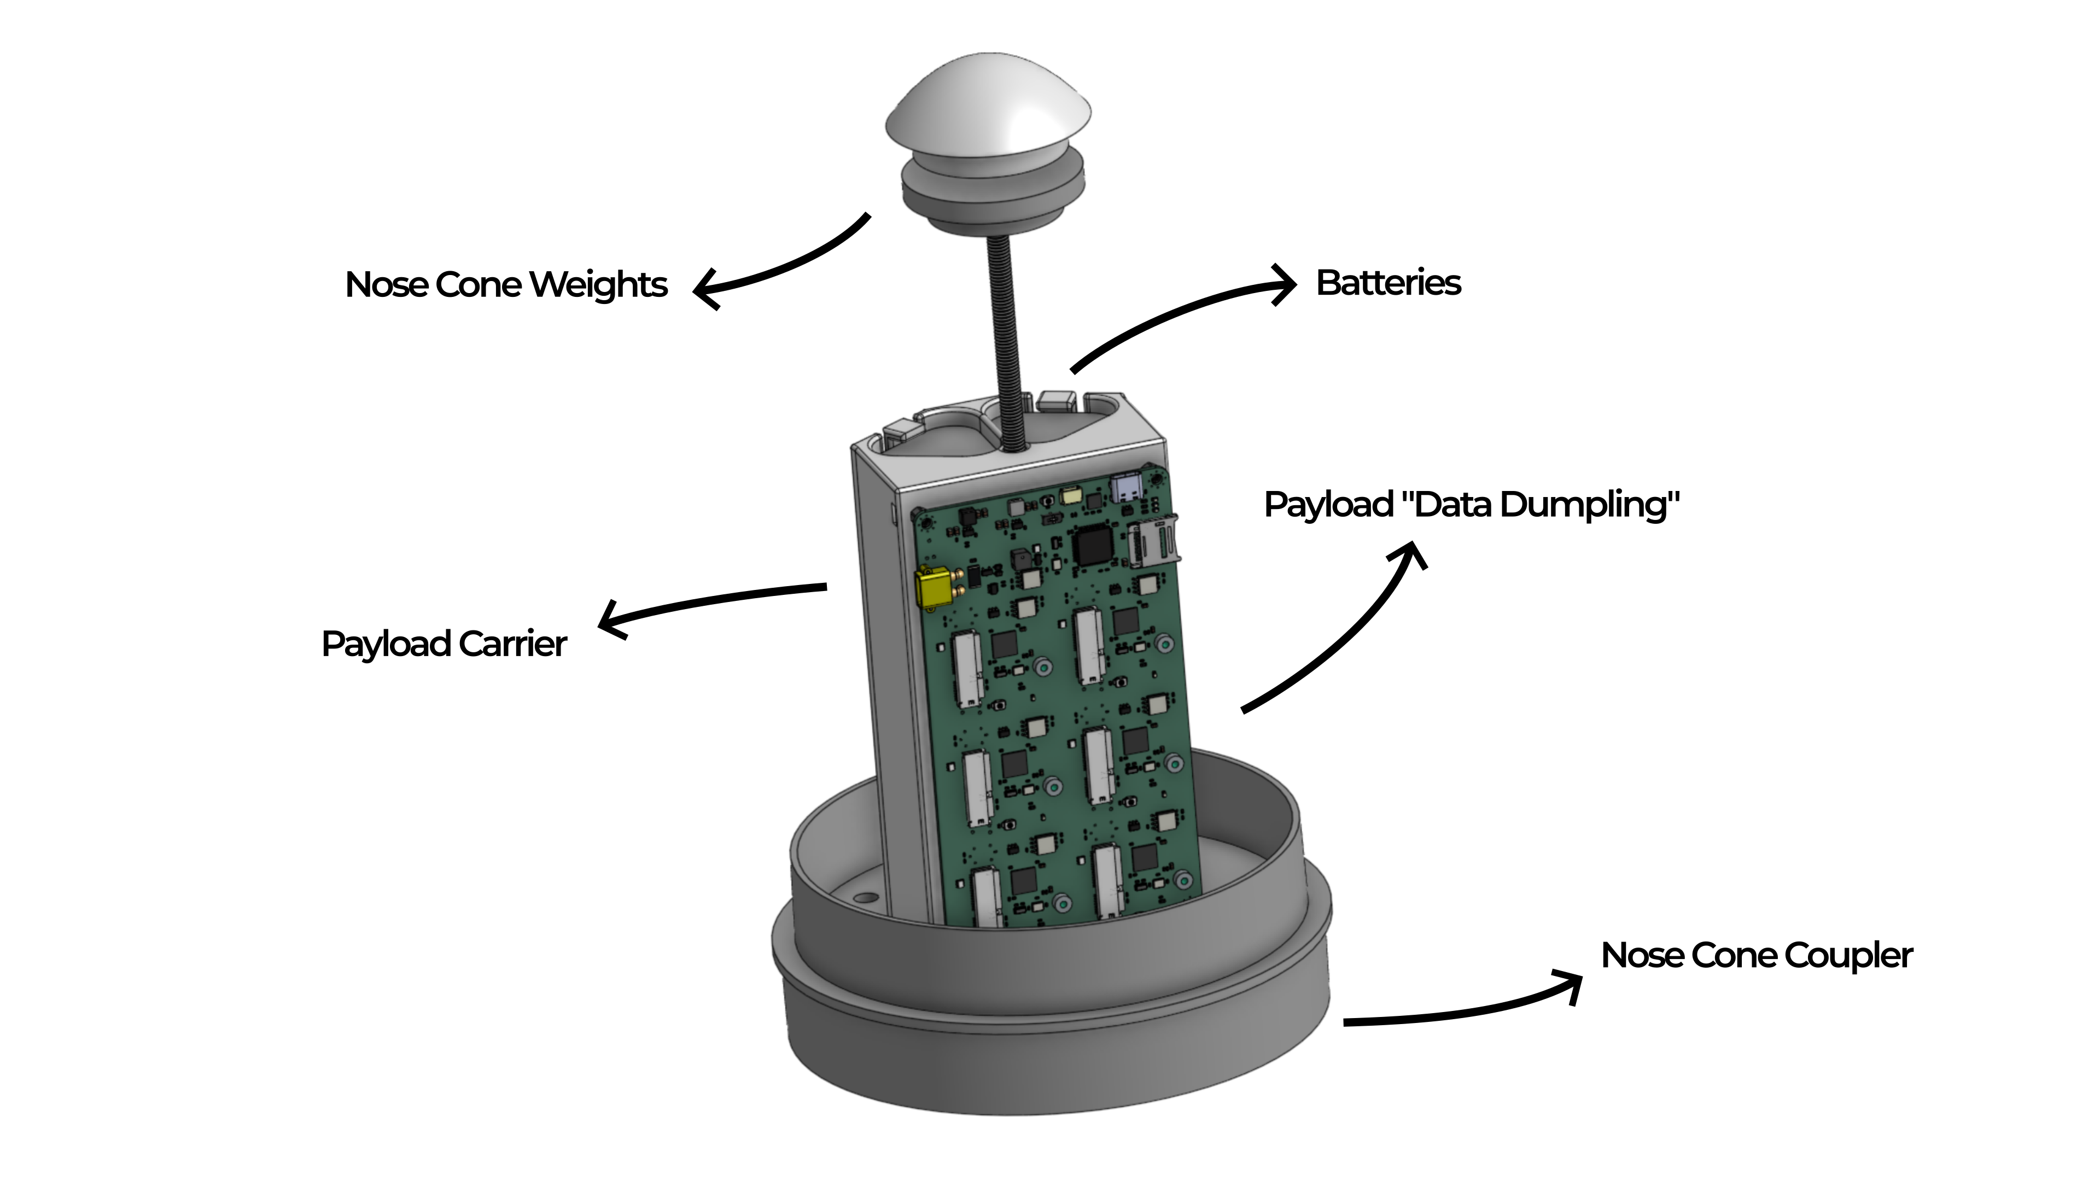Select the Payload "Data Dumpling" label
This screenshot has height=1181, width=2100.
tap(1472, 505)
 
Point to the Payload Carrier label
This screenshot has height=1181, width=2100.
tap(444, 645)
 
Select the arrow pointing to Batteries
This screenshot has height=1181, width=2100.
tap(1182, 314)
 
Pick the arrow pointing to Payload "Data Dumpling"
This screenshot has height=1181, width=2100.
tap(1345, 636)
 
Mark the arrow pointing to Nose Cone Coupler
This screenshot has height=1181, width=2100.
tap(1467, 1009)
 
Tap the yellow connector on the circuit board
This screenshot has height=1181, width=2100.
tap(935, 587)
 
